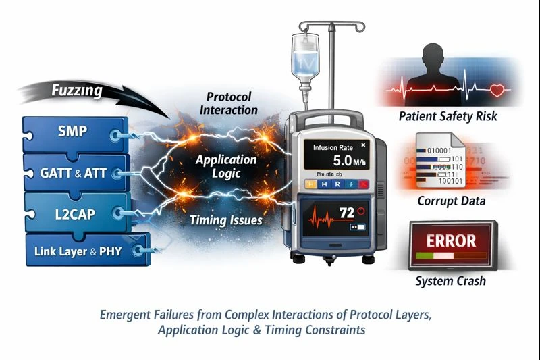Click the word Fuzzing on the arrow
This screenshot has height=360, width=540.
(78, 91)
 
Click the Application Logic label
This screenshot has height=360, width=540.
(225, 167)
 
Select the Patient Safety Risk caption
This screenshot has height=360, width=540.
(448, 116)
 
